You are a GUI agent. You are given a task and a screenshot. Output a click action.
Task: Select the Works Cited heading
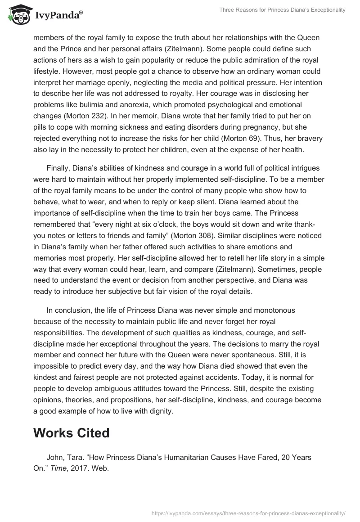(x=71, y=433)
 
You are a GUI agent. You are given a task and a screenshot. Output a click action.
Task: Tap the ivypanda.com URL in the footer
(x=249, y=513)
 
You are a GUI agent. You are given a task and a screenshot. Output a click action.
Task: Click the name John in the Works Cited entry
(x=55, y=456)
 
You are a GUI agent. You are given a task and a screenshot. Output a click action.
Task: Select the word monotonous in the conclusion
(x=273, y=310)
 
